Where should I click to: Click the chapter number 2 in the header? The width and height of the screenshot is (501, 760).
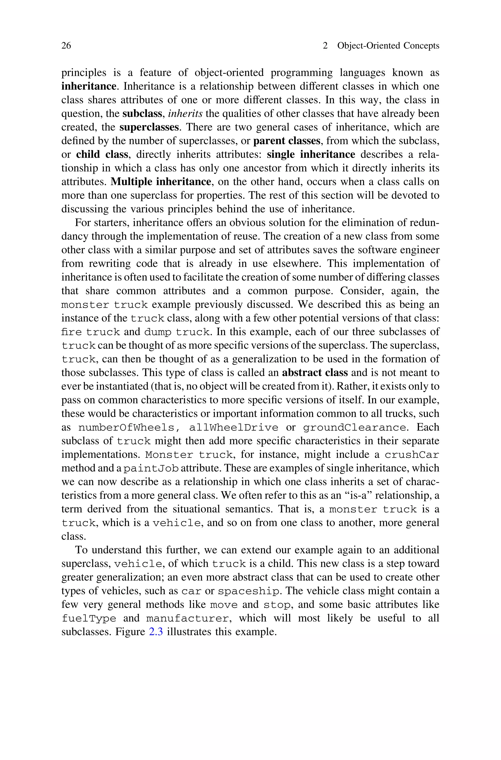click(325, 46)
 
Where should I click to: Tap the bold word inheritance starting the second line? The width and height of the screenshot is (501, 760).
click(89, 86)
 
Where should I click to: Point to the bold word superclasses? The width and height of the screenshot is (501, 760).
click(149, 127)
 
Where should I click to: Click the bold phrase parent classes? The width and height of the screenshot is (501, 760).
click(287, 141)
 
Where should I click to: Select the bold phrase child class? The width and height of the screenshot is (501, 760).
click(102, 155)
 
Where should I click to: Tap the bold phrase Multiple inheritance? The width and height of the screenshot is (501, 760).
click(161, 182)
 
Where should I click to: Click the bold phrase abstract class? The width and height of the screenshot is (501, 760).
click(315, 373)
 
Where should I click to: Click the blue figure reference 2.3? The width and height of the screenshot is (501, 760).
click(156, 632)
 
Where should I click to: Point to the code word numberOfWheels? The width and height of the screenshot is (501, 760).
click(126, 428)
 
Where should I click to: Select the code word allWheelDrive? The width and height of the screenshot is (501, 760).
click(234, 428)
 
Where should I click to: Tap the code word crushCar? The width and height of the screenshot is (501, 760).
click(411, 455)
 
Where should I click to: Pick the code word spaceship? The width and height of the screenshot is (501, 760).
click(248, 591)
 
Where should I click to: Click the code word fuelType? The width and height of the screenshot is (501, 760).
click(89, 619)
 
